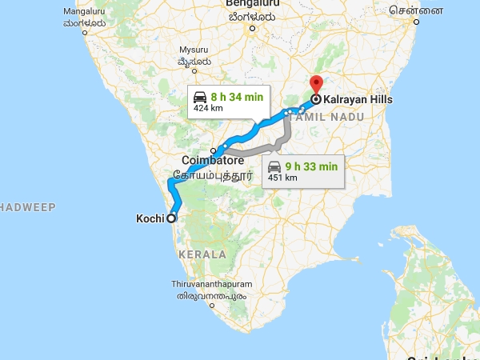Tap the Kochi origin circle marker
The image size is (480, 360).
click(x=170, y=218)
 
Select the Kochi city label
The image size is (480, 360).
click(x=150, y=218)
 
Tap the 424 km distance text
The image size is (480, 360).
click(x=208, y=108)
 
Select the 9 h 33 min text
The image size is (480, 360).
click(x=313, y=166)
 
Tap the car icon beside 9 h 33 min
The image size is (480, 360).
click(x=274, y=166)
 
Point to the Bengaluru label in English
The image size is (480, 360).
click(x=250, y=4)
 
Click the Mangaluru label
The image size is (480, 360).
click(x=84, y=12)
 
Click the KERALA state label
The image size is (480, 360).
click(x=204, y=254)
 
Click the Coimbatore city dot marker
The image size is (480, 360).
click(x=214, y=150)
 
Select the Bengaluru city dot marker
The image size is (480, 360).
click(x=250, y=30)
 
